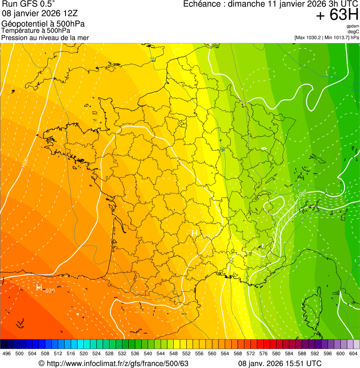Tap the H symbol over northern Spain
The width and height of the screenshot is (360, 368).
click(x=39, y=287)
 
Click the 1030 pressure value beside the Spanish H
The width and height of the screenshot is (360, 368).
click(x=49, y=291)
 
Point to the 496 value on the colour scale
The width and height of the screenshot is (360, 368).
click(x=7, y=353)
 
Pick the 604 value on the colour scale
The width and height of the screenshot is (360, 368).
click(x=353, y=353)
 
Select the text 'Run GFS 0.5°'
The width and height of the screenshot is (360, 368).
click(x=28, y=5)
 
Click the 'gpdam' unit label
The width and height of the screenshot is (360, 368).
click(x=353, y=26)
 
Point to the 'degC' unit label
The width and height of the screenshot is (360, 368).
click(x=353, y=31)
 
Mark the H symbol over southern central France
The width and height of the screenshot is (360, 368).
click(x=195, y=233)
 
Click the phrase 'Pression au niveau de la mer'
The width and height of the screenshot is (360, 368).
click(x=45, y=37)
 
